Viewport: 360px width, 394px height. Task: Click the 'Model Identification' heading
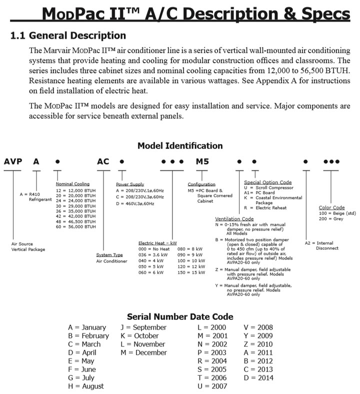tap(180, 146)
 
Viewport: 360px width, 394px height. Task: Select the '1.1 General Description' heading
tap(68, 36)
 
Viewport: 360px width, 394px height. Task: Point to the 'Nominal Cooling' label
tap(72, 184)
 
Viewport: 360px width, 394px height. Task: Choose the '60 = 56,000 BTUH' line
tap(75, 226)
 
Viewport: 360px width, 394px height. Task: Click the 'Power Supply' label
tap(129, 184)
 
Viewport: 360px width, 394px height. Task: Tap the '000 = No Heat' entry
tap(154, 248)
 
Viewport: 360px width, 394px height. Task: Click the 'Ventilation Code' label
tap(234, 219)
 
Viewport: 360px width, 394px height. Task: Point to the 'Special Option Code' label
tap(267, 182)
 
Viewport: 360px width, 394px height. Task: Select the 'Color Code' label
tap(331, 207)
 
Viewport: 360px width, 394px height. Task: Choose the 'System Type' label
tap(109, 255)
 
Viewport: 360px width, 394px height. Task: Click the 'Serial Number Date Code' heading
tap(180, 316)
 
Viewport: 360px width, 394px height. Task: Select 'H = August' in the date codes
tap(86, 386)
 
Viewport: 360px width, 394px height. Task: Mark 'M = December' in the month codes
tap(143, 352)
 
